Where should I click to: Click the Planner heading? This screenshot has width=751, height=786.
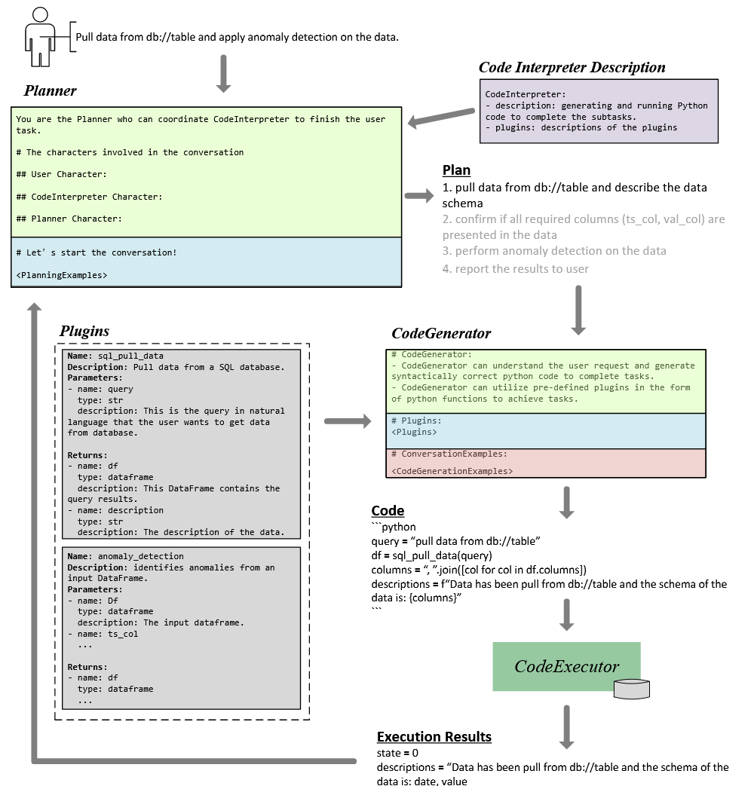click(50, 91)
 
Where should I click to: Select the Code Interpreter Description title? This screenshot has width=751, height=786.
click(572, 68)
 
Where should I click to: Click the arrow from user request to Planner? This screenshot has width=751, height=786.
click(223, 73)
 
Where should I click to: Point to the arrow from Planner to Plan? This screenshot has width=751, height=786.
click(419, 196)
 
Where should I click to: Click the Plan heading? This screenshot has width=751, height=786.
click(456, 170)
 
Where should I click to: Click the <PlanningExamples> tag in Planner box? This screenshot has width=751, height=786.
click(61, 275)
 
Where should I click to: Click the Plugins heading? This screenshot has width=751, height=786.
click(84, 332)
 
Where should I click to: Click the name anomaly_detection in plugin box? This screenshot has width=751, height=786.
click(136, 556)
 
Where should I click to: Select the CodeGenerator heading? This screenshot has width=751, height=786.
click(441, 333)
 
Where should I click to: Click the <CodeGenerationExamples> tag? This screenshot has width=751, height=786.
click(452, 471)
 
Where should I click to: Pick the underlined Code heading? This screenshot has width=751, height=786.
click(388, 511)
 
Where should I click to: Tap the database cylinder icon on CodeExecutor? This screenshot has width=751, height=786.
click(632, 688)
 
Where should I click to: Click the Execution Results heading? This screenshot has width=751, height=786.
click(434, 737)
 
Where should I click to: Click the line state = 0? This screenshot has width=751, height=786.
click(397, 753)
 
